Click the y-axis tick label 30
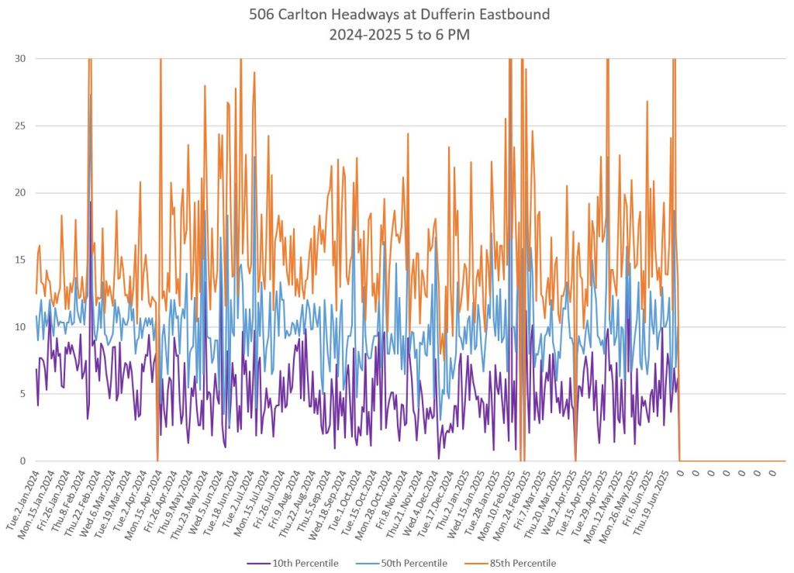coord(18,59)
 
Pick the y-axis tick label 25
coord(18,126)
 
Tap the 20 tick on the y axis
coord(18,193)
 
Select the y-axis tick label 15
coord(18,260)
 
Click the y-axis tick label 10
coord(18,327)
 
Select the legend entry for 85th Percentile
coord(524,563)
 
